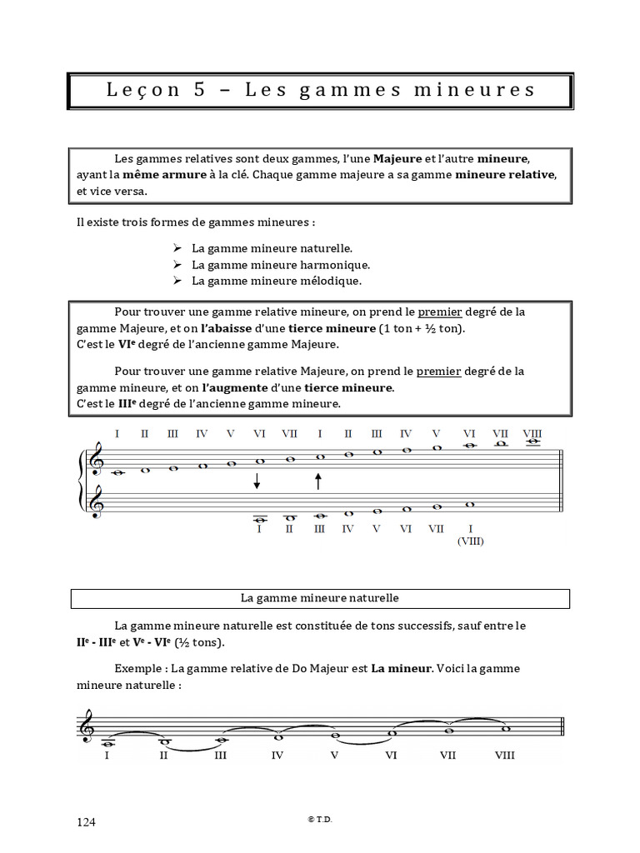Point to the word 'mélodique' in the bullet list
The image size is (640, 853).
pos(332,281)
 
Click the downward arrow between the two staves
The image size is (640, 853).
pos(257,481)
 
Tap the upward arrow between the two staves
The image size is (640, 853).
pos(318,481)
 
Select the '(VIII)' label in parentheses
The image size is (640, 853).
pos(470,541)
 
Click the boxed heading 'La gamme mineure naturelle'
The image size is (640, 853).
pos(320,598)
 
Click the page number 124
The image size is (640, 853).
pos(87,822)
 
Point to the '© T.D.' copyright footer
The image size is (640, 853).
pos(320,820)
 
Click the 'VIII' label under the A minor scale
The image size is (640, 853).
pos(504,756)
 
